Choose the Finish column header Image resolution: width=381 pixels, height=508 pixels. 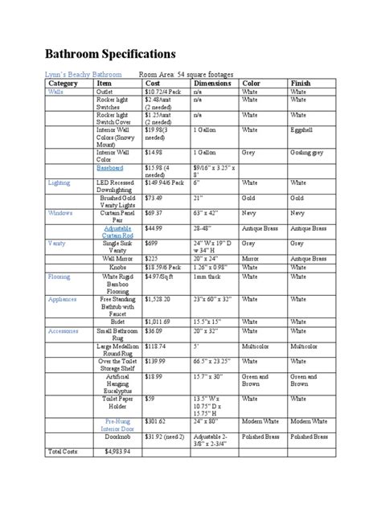301,84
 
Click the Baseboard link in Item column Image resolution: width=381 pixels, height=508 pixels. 117,169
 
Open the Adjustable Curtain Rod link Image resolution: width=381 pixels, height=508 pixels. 117,232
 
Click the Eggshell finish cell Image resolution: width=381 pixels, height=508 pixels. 302,129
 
